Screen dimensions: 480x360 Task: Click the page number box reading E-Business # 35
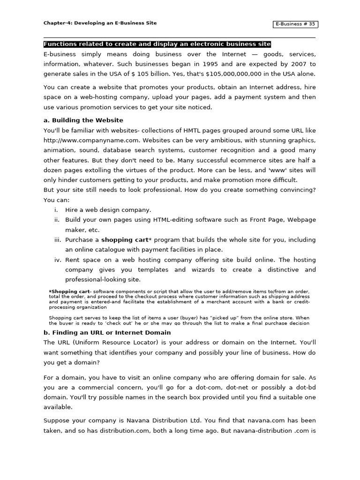pyautogui.click(x=296, y=24)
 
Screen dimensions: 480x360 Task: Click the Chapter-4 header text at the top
pyautogui.click(x=100, y=23)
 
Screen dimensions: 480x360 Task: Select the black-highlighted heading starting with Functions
pyautogui.click(x=157, y=44)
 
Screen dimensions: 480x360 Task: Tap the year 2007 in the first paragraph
pyautogui.click(x=299, y=64)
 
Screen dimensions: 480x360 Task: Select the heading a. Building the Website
pyautogui.click(x=83, y=120)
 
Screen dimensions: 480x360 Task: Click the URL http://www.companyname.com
pyautogui.click(x=91, y=140)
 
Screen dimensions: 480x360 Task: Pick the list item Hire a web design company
pyautogui.click(x=108, y=210)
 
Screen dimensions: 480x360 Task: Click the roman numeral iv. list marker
pyautogui.click(x=58, y=260)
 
